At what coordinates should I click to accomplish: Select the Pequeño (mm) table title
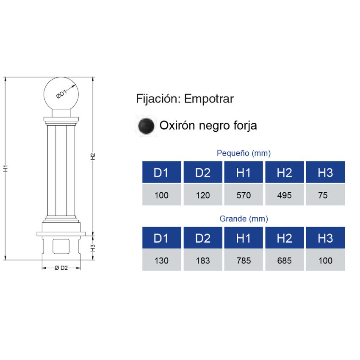pos(244,153)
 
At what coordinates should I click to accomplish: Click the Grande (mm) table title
pos(244,219)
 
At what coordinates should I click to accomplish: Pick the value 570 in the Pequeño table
pos(244,195)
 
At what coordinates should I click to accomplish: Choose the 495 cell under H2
pos(284,195)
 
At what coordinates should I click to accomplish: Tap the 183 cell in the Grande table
pos(203,260)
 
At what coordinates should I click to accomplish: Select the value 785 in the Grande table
pos(244,260)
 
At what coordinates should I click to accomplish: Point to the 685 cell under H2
pos(284,260)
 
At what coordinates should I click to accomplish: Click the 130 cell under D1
pos(161,260)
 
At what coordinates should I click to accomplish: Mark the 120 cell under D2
pos(203,195)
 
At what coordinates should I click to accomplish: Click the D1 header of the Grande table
pos(161,238)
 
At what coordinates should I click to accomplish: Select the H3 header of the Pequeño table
pos(325,172)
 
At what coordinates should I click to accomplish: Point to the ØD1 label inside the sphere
pos(62,94)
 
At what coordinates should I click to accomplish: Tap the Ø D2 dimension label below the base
pos(61,268)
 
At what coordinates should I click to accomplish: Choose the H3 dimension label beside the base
pos(93,246)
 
